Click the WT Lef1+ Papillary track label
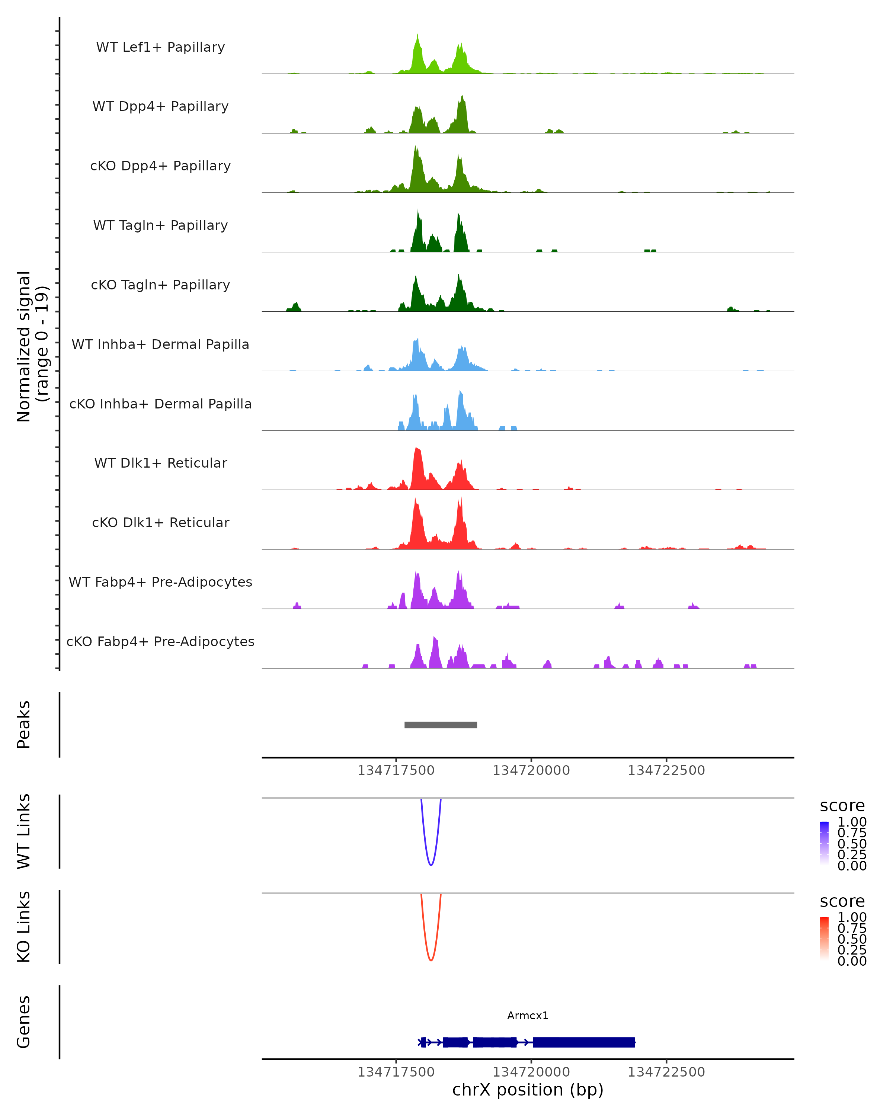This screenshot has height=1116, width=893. tap(160, 47)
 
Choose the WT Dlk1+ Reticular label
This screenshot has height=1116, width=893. tap(160, 463)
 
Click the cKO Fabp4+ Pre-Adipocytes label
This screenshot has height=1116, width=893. tap(160, 641)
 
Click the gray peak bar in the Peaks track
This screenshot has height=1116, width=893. tap(441, 725)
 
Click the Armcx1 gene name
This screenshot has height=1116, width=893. tap(528, 1016)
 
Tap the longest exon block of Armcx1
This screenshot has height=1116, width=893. tap(584, 1042)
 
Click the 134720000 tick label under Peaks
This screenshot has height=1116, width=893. tap(531, 770)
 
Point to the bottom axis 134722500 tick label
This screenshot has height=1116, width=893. tap(666, 1072)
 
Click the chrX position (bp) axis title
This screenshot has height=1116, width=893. tap(528, 1090)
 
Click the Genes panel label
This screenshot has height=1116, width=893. tap(24, 1022)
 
